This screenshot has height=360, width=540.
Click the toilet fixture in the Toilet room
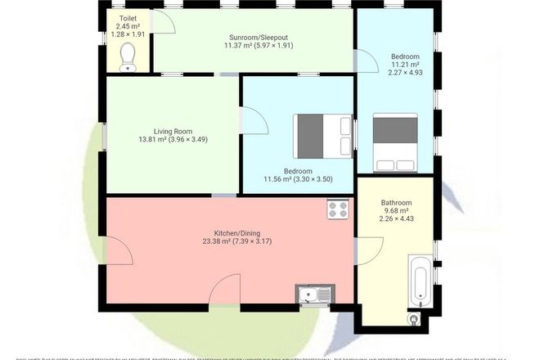pos(128,56)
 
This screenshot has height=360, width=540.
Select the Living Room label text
pos(172,131)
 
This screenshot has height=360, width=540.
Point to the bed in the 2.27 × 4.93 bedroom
pos(395,142)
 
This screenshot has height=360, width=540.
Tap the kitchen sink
pos(314,295)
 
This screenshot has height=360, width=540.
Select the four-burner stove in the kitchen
pos(338,209)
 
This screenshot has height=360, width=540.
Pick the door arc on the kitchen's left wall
pos(119,251)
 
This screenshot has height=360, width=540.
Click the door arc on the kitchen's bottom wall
pos(225,290)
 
